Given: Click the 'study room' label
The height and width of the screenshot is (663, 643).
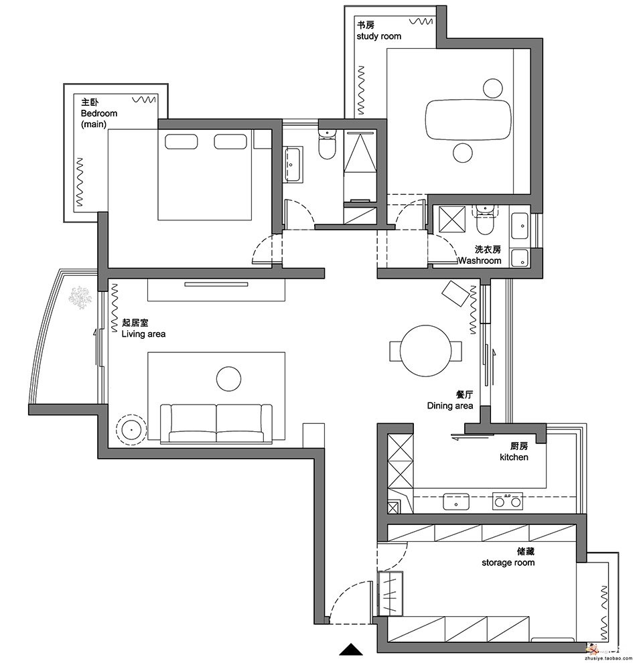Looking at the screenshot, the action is (378, 36).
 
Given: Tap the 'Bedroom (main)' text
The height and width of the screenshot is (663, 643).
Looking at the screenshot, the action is (98, 119).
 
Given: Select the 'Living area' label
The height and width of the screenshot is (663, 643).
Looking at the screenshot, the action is (143, 334).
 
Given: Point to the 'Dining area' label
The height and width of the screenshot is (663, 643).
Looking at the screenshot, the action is (449, 406).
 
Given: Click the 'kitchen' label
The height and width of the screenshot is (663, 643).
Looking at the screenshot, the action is (514, 457).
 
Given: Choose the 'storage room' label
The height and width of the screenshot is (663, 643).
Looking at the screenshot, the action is (508, 563).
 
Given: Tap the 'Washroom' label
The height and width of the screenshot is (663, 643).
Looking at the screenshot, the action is (480, 261).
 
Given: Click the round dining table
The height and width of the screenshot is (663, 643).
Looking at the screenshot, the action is (425, 350).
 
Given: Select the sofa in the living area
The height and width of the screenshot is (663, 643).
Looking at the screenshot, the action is (216, 424).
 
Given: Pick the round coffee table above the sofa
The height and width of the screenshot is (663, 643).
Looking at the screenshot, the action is (228, 379).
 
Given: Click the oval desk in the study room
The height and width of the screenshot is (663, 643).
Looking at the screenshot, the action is (468, 120).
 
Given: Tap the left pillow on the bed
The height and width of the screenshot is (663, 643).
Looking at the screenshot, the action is (181, 142).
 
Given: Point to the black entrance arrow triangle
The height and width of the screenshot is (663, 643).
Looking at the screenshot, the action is (351, 650).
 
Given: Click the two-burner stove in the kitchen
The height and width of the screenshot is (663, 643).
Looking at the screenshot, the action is (508, 501).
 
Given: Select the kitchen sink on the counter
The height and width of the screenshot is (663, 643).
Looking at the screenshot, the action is (456, 502).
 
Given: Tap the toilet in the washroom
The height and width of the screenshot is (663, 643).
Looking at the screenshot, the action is (485, 220).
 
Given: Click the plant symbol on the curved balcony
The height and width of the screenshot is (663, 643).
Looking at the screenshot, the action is (80, 297).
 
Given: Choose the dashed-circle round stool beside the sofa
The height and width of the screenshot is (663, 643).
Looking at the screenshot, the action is (131, 429).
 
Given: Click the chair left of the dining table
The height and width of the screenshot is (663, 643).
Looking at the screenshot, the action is (395, 351).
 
